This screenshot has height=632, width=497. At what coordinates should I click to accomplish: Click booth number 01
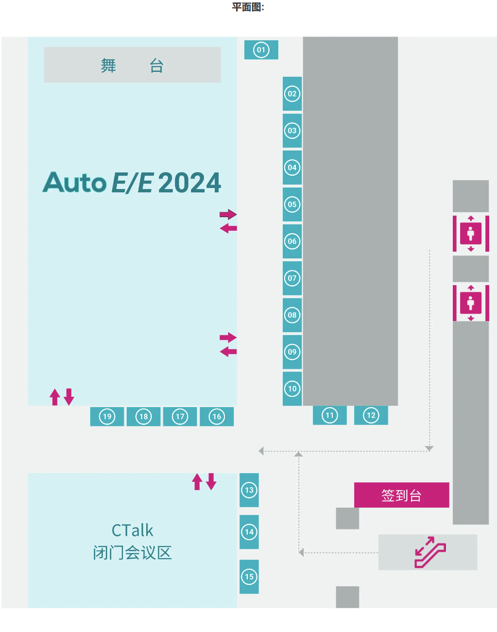click(261, 50)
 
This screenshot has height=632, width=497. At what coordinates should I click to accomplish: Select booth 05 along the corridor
click(292, 205)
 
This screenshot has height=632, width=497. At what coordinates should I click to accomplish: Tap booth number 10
click(292, 389)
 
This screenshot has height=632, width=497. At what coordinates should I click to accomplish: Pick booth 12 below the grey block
click(371, 415)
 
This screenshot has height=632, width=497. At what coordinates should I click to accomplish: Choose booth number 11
click(330, 415)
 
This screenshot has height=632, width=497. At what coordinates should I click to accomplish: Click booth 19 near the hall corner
click(107, 416)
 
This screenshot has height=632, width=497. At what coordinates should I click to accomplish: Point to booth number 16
click(217, 416)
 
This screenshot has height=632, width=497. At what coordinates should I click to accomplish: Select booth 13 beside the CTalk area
click(249, 490)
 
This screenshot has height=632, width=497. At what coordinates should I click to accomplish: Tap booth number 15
click(249, 577)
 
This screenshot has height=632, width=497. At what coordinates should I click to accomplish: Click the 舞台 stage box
click(132, 65)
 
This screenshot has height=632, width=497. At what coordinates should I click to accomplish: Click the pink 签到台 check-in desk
click(401, 495)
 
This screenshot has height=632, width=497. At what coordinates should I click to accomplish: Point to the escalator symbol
click(429, 552)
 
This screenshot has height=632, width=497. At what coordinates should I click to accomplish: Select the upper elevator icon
click(471, 234)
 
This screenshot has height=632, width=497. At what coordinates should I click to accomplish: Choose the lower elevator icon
click(471, 303)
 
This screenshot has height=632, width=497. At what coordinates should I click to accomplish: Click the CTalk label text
click(132, 530)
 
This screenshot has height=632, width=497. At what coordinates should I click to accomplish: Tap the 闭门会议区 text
click(132, 553)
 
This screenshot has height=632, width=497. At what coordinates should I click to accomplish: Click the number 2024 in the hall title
click(189, 183)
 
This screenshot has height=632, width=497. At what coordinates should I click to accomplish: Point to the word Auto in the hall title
click(75, 183)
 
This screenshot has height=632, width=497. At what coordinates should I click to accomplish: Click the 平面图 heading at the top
click(248, 7)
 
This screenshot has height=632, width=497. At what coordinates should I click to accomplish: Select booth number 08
click(292, 315)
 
